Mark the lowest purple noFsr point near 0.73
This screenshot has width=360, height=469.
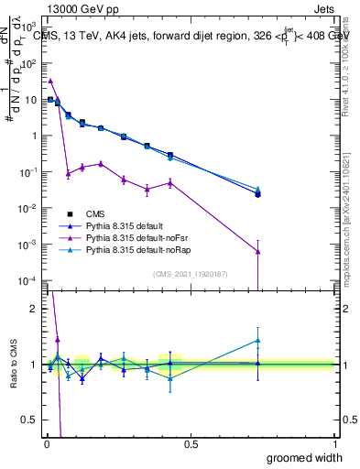point(258,252)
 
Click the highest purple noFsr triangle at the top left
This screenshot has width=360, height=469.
point(50,81)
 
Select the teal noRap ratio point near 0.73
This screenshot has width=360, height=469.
point(258,341)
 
